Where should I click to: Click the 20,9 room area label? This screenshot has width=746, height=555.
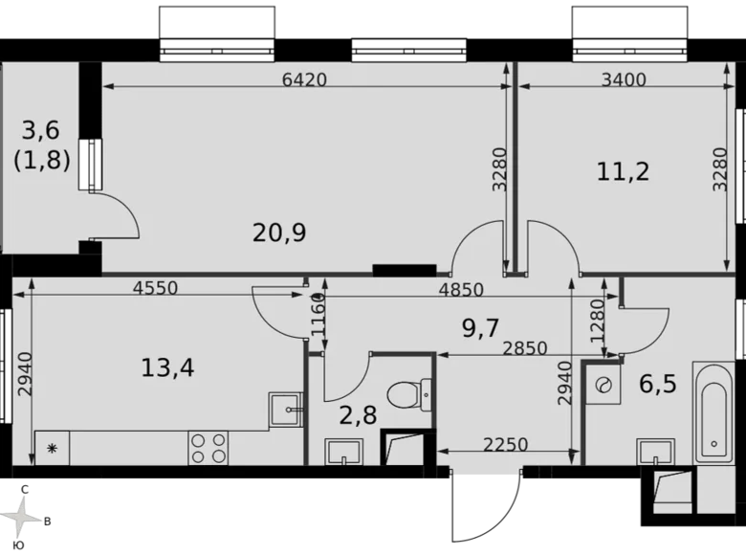coord(279,231)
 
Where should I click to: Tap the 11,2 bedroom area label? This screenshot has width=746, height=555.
coord(623,171)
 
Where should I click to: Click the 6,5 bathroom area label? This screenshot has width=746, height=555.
coord(657,384)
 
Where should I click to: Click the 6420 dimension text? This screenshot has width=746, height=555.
coord(305,80)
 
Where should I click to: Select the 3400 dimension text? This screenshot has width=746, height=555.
coord(623,80)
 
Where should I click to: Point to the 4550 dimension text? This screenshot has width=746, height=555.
coord(156,288)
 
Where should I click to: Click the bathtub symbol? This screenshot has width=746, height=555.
coord(713,411)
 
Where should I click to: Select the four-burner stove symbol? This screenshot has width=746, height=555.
coord(208,446)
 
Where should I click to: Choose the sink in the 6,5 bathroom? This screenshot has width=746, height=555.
coord(656,449)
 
